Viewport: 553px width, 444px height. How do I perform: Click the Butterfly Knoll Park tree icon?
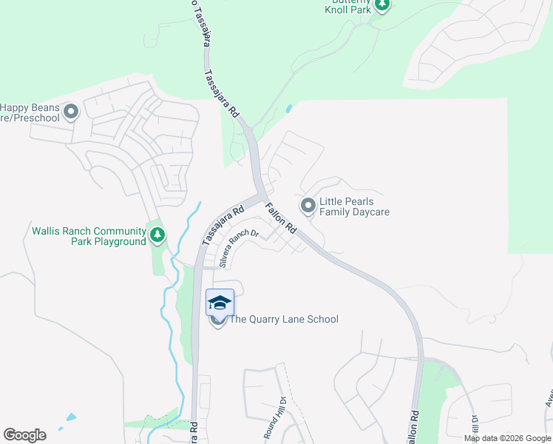381,5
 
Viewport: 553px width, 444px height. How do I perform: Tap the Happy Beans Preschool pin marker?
71,112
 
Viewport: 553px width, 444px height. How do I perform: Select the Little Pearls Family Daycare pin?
308,204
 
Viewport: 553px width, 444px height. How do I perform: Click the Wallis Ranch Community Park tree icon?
157,235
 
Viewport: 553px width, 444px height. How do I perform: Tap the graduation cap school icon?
219,303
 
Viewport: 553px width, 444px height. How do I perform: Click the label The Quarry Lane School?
284,320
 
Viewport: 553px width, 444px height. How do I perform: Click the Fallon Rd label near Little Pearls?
282,219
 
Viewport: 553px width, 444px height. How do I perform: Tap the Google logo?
24,435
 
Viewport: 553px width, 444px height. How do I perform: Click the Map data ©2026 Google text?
507,438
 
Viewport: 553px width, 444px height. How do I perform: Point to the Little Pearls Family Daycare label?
354,207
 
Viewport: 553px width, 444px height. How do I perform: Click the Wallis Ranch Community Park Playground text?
89,236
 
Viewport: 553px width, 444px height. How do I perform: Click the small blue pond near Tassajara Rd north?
288,109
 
